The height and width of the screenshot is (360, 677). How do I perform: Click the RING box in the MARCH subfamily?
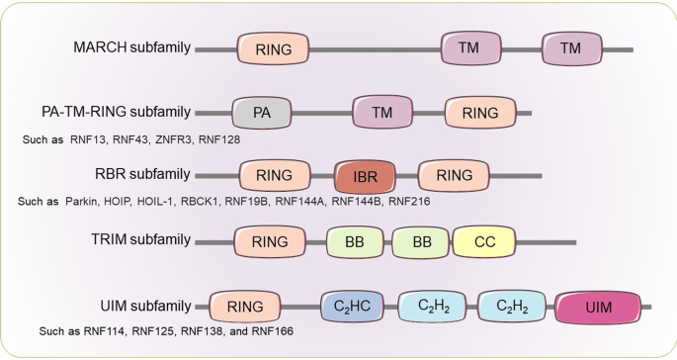point(274,47)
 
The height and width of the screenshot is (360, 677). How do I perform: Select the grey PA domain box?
point(262,113)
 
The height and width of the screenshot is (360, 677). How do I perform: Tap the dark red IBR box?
point(366,176)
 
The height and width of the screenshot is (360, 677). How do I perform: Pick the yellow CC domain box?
point(483,239)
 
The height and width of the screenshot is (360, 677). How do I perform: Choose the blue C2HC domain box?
point(353,307)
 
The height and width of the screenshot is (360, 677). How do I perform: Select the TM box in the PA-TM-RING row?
point(382,113)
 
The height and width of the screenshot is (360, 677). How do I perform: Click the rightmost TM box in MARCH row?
point(570,47)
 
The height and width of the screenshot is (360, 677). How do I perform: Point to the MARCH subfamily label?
point(132,47)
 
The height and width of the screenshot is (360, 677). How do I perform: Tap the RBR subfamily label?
point(143,176)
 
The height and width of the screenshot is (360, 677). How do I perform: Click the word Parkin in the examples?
point(85,202)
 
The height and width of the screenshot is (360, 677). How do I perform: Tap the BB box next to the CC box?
point(420,239)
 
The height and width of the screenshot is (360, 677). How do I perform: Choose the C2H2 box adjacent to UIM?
point(509,307)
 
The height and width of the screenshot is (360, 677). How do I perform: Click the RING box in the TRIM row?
point(270,239)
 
